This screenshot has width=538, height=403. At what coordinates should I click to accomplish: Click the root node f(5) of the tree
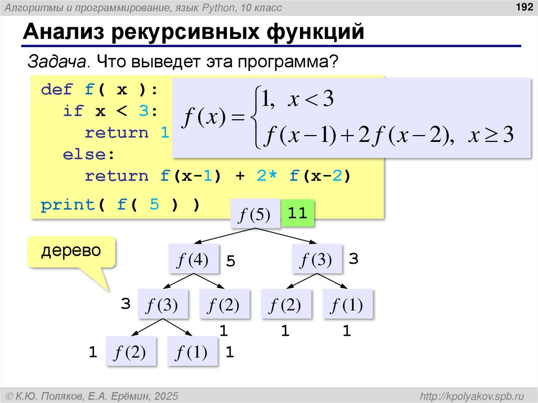click(255, 214)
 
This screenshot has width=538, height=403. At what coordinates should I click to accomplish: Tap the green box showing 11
click(297, 213)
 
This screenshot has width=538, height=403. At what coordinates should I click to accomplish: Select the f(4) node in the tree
click(194, 259)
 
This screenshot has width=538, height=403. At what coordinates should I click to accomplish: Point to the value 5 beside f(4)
click(230, 261)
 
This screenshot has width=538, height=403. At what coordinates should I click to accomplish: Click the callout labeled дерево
click(71, 251)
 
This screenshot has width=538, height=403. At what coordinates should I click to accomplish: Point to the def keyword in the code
click(57, 89)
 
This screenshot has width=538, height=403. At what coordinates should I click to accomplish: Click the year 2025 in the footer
click(167, 395)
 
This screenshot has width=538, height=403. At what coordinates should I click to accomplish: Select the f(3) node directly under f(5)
click(316, 259)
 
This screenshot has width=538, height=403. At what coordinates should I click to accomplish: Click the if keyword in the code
click(74, 111)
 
